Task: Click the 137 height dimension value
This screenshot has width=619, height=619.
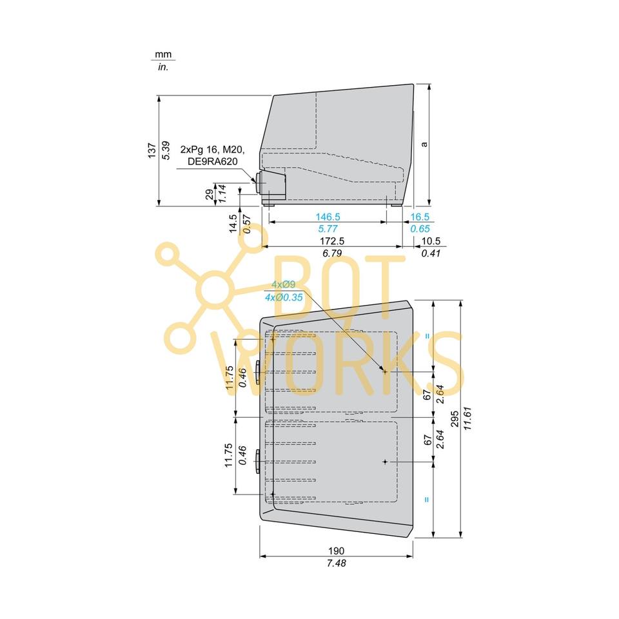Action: pos(152,151)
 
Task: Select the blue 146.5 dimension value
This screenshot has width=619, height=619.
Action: pos(328,217)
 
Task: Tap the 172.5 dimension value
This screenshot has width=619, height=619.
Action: pos(332,241)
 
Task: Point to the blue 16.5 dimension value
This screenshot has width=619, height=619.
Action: pos(420,217)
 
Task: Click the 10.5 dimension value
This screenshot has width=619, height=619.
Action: pos(431,241)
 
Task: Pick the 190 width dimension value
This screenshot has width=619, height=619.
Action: pos(337,551)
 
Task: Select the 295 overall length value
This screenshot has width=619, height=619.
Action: pos(455,419)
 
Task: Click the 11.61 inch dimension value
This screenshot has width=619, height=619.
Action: pos(468,418)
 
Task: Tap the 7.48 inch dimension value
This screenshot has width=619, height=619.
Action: pos(337,563)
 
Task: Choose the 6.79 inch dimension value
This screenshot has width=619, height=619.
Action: pos(332,253)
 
